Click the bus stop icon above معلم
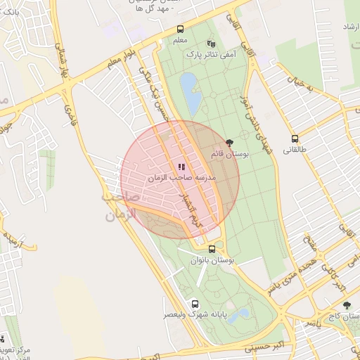(x=181, y=30)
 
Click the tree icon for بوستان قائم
(x=229, y=143)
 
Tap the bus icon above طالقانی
(x=295, y=139)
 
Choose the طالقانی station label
(x=295, y=150)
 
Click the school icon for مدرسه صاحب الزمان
(x=181, y=167)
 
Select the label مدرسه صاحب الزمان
(x=181, y=179)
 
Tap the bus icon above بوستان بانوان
(x=212, y=249)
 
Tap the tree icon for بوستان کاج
(x=347, y=305)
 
